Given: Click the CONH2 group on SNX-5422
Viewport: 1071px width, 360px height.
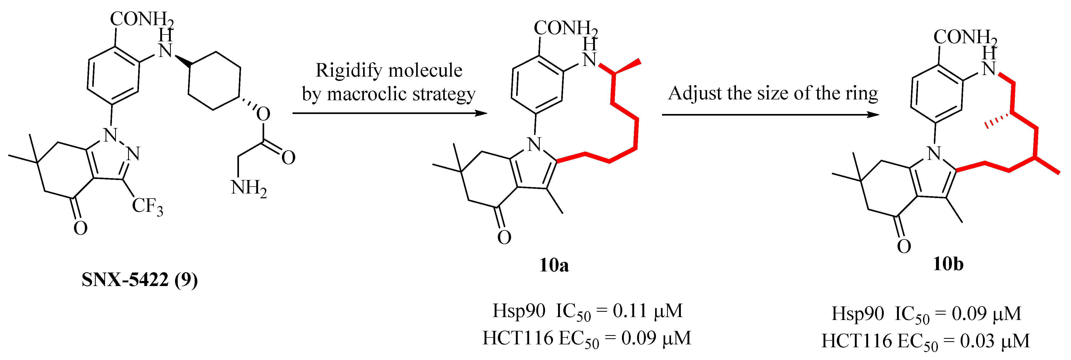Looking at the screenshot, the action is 141,19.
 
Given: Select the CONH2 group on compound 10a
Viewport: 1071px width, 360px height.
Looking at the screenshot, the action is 565,28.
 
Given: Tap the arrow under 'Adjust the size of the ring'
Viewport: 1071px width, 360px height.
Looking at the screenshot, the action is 770,115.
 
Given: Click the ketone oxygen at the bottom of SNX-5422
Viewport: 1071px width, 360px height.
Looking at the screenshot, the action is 80,228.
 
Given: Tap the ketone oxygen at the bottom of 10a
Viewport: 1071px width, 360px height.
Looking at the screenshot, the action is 504,237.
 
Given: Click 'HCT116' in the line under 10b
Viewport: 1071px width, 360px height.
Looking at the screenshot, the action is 856,341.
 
